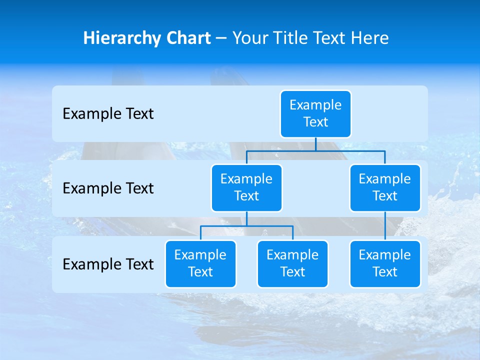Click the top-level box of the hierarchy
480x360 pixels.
(x=315, y=113)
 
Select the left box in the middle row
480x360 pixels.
(x=246, y=187)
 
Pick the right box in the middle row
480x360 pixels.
(x=385, y=187)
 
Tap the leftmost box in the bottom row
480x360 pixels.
(x=200, y=263)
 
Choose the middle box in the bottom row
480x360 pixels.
(x=292, y=263)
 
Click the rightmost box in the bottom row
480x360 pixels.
(x=385, y=263)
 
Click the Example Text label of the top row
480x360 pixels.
(x=108, y=114)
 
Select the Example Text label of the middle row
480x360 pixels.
(x=108, y=188)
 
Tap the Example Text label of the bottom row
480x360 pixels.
(x=108, y=264)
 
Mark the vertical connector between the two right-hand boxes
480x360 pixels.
(x=385, y=226)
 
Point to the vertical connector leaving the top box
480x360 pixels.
(x=315, y=144)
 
